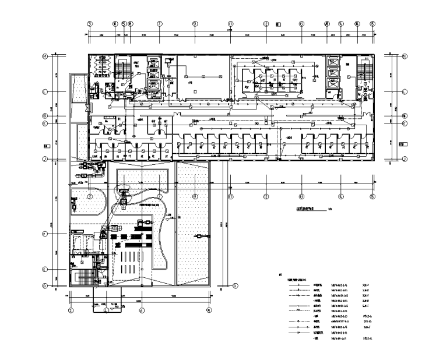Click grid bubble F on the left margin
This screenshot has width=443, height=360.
pos(45,234)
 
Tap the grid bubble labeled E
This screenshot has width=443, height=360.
pos(45,270)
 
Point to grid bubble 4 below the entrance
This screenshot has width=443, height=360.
pos(106,310)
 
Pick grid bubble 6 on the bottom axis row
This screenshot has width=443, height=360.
pos(142,310)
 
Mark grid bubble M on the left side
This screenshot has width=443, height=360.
pos(45,57)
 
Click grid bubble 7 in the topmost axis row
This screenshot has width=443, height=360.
pos(159,24)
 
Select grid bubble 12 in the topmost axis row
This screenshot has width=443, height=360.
pos(266,24)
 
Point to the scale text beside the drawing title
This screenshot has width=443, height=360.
pos(330,211)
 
